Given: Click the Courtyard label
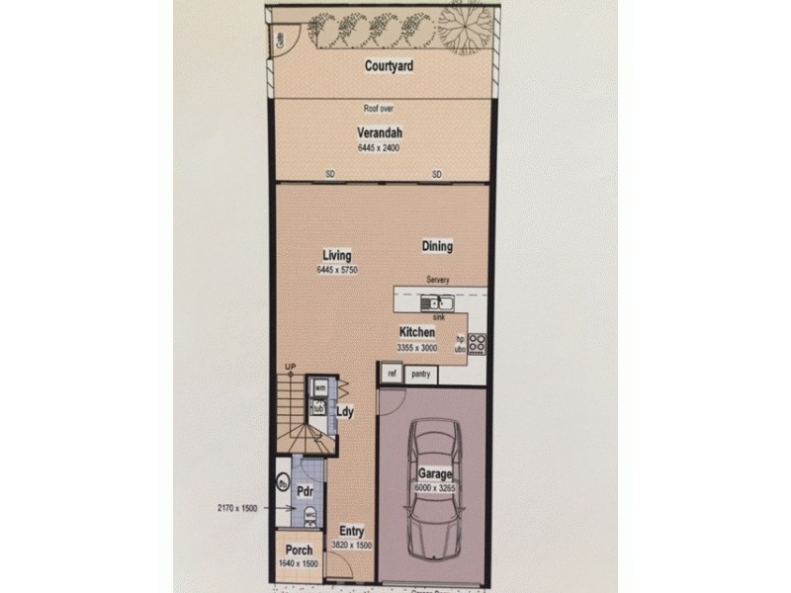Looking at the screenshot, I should [x=388, y=66].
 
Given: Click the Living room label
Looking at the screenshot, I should [x=336, y=254].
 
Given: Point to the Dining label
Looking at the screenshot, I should [x=437, y=247].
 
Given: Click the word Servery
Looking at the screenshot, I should [x=438, y=280].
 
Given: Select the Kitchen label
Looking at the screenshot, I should [x=417, y=333].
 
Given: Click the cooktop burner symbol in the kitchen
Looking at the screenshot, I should [x=477, y=344].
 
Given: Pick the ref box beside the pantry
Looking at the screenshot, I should [x=392, y=374].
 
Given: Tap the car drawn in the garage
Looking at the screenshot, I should [x=432, y=494].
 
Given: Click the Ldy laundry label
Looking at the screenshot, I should [x=345, y=411].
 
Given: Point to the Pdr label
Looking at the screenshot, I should [x=306, y=489].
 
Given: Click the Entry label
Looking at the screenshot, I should [x=352, y=531].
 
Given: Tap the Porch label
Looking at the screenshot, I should [x=299, y=551].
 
